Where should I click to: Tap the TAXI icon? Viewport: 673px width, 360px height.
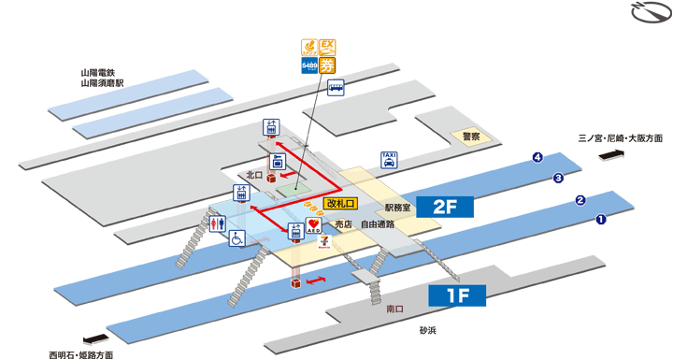(x=389, y=160)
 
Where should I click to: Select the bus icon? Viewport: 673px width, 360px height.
(x=335, y=89)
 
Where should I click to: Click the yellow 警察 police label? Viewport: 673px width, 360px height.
(x=470, y=137)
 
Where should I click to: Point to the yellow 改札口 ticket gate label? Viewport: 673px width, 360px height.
(x=341, y=203)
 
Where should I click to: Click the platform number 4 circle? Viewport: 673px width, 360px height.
(x=537, y=157)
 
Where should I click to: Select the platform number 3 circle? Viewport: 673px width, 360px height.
(x=558, y=178)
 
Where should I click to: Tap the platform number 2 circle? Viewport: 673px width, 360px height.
(x=580, y=199)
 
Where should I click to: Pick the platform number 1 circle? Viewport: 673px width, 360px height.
(x=601, y=220)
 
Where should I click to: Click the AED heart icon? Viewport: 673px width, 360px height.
(x=314, y=226)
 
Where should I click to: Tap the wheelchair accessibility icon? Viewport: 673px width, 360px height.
(x=237, y=238)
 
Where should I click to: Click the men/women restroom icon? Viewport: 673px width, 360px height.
(x=217, y=224)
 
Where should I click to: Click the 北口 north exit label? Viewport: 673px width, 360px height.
(x=254, y=175)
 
